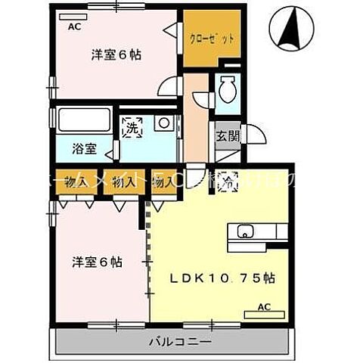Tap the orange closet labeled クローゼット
point(212,38)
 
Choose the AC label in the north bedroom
point(74,26)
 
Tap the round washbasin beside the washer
point(162,124)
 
